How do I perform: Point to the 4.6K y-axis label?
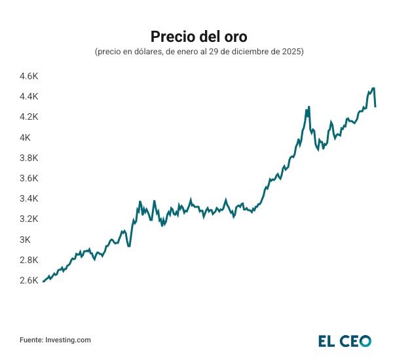pos(29,76)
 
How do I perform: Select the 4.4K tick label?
pos(29,96)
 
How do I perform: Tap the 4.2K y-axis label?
pos(29,117)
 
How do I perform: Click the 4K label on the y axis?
pos(25,137)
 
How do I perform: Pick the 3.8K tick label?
pos(29,158)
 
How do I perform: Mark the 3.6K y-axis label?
pos(29,178)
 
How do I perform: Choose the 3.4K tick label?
pos(29,198)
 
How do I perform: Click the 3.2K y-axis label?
pos(29,219)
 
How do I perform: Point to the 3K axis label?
pos(25,240)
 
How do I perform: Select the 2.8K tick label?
pos(29,260)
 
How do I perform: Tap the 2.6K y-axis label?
pos(29,280)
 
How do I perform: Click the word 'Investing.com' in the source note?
pos(68,340)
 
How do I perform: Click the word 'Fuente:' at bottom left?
pos(31,340)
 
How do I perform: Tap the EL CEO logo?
pos(345,340)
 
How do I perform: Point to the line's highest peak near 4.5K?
pos(373,88)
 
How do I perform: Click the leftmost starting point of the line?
pos(43,281)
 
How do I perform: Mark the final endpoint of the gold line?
pos(375,106)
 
